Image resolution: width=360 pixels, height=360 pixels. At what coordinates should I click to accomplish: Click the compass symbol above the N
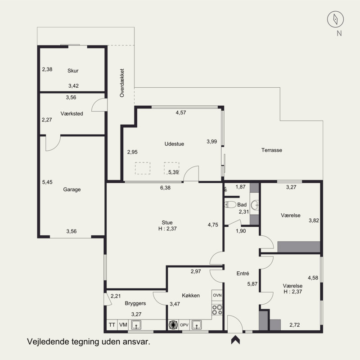335,19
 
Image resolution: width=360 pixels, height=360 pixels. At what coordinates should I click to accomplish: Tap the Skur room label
73,71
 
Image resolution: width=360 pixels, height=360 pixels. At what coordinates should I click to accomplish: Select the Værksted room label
72,114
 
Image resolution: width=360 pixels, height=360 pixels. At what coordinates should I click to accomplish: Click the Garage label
72,189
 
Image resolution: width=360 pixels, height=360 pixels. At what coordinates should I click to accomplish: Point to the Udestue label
174,144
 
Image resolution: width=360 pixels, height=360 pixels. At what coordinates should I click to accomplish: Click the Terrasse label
272,150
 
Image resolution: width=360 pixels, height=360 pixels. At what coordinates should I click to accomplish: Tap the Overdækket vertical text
122,83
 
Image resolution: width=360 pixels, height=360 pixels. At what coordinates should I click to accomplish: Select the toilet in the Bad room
230,204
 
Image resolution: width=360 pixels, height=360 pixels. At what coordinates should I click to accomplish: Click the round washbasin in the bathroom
255,205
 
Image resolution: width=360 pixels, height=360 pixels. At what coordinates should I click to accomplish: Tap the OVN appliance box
217,295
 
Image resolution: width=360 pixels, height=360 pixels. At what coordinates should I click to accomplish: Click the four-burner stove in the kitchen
217,310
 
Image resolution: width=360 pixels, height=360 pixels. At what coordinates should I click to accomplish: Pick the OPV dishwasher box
184,325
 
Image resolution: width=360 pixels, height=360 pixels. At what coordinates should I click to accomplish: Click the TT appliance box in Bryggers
112,325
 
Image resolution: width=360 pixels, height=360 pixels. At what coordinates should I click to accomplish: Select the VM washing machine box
123,325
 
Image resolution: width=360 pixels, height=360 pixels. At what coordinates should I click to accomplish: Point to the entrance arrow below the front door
235,340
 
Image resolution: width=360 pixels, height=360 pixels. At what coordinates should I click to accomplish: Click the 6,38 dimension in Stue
165,188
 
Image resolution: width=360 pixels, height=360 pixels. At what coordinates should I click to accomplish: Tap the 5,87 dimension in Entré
252,284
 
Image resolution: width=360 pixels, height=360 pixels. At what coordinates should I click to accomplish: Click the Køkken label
191,296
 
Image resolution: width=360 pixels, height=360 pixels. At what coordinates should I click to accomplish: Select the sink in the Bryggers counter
136,325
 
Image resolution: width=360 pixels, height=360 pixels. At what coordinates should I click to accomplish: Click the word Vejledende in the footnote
48,342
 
